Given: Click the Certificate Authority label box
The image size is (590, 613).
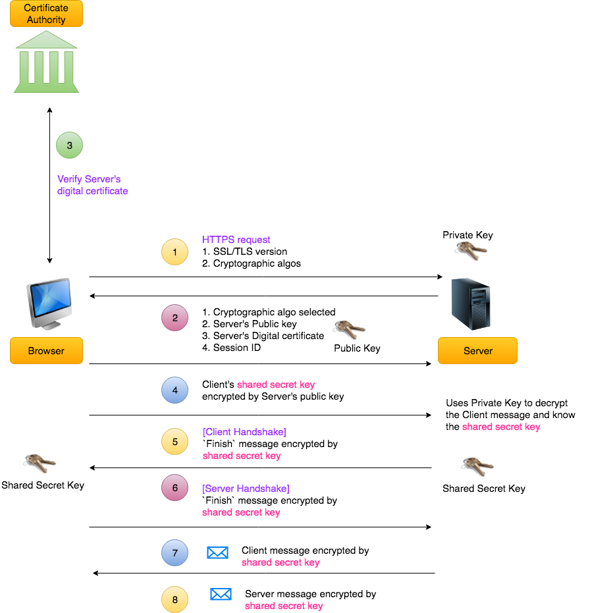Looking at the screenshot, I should (46, 14).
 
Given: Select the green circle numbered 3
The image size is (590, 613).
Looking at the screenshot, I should (69, 145).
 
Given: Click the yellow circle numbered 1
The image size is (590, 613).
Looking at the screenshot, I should (174, 252).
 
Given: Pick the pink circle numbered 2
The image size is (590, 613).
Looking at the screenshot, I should (174, 318).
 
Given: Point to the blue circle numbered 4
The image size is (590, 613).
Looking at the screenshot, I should (174, 390).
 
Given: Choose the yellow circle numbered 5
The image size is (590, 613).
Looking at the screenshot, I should (174, 442).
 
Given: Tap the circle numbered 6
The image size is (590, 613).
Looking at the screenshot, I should (174, 488).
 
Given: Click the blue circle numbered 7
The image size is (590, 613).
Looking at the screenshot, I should (174, 553).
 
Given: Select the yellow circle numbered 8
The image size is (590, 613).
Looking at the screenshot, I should (174, 600).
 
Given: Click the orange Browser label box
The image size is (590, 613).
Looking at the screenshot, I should (46, 351).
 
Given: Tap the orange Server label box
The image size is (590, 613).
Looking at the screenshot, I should (477, 351).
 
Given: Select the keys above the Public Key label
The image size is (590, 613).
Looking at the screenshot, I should (349, 329).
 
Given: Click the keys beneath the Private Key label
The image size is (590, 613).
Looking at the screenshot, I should (470, 250).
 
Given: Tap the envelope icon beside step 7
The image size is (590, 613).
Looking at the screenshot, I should (217, 552).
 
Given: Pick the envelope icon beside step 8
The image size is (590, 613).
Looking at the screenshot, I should (221, 595).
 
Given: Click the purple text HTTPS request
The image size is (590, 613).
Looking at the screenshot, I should (236, 240).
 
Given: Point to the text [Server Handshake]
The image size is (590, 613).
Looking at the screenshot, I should (246, 489).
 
